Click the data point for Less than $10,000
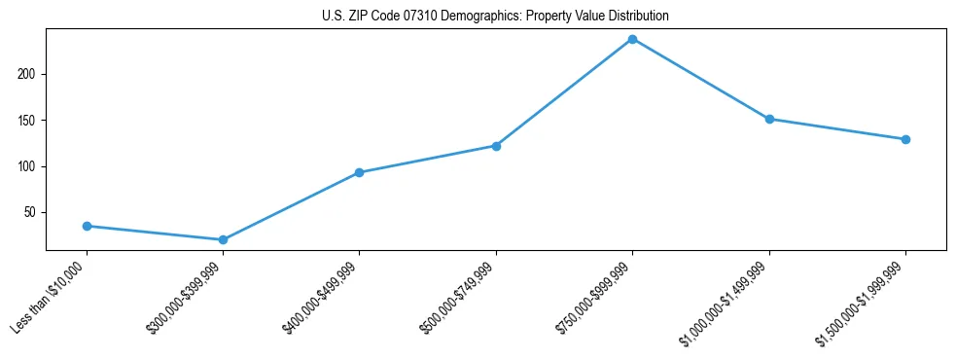87,226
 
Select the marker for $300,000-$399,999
223,239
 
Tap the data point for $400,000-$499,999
360,172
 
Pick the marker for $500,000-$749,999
496,146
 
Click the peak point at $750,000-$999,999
633,39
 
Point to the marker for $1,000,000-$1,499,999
769,119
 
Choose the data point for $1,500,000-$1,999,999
905,139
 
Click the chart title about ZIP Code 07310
495,17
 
